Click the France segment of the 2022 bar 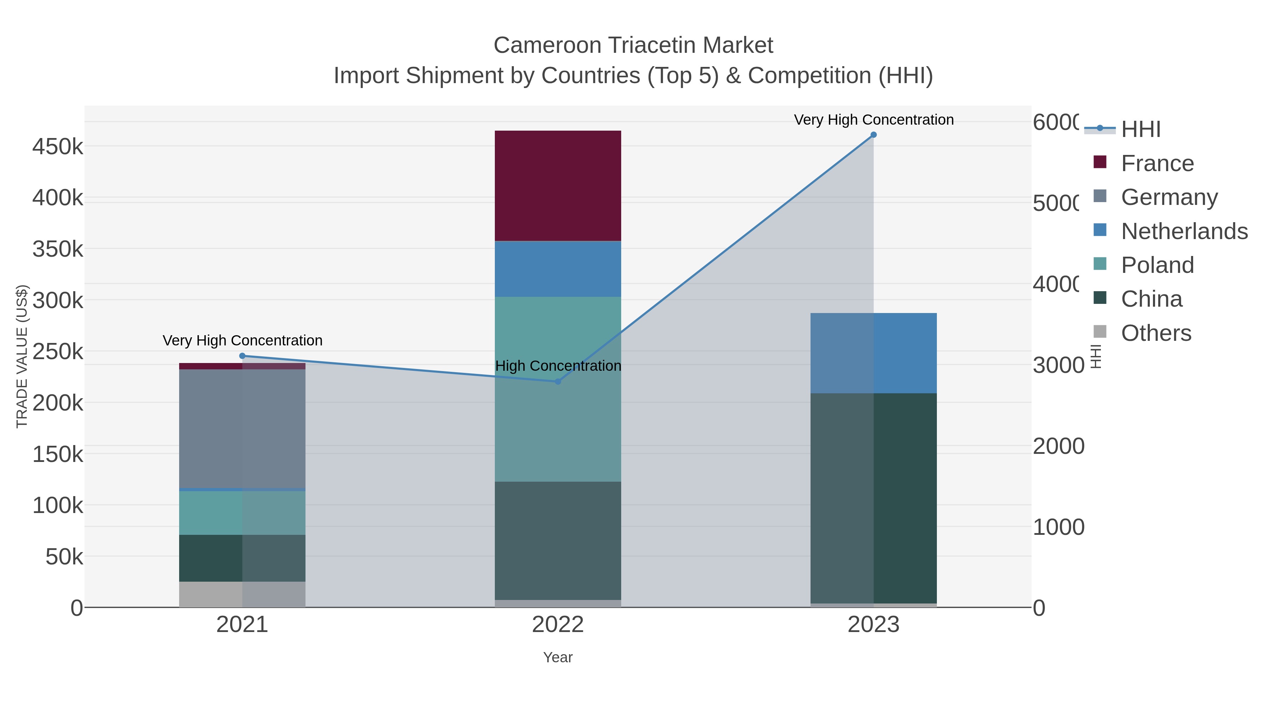pos(558,186)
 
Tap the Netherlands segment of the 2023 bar pos(874,353)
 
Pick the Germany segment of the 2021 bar pos(242,429)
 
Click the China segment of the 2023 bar pos(874,498)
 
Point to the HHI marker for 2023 pos(874,135)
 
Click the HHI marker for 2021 pos(242,356)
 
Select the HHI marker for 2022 pos(558,381)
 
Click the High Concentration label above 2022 pos(558,366)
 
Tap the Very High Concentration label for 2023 pos(874,120)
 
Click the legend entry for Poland pos(1157,265)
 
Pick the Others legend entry pos(1156,333)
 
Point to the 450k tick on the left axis pos(58,146)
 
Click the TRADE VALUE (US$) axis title pos(22,356)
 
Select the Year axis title pos(558,657)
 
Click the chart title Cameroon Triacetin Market pos(633,45)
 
